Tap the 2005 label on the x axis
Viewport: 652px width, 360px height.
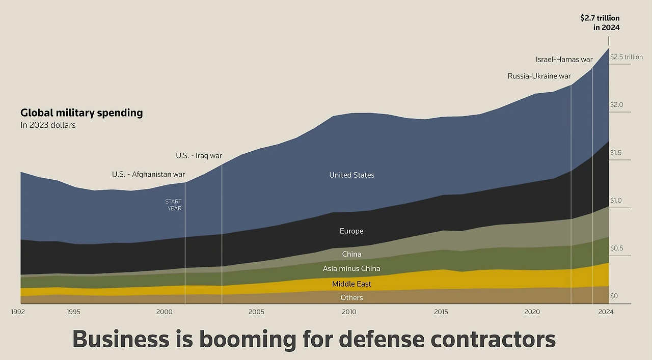[256, 312]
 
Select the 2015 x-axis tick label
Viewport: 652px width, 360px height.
[440, 312]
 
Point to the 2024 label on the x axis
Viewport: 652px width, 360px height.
[606, 312]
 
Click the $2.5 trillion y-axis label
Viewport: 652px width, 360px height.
[626, 57]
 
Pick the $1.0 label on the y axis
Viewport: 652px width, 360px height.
[616, 201]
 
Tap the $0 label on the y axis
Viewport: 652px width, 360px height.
[614, 296]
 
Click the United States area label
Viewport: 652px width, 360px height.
[351, 175]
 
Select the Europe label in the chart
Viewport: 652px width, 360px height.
[351, 231]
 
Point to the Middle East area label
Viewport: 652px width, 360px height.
[351, 284]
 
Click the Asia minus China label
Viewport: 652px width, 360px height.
[351, 269]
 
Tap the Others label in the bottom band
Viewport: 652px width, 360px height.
[351, 298]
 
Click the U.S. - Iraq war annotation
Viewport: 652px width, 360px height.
[199, 156]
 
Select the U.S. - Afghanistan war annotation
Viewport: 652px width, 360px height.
[148, 174]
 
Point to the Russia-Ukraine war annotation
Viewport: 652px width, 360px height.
[539, 76]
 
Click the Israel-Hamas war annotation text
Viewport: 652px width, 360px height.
[564, 60]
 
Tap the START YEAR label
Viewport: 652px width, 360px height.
[174, 205]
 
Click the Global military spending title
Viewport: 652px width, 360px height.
[81, 113]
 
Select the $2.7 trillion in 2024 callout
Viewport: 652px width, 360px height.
[600, 23]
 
